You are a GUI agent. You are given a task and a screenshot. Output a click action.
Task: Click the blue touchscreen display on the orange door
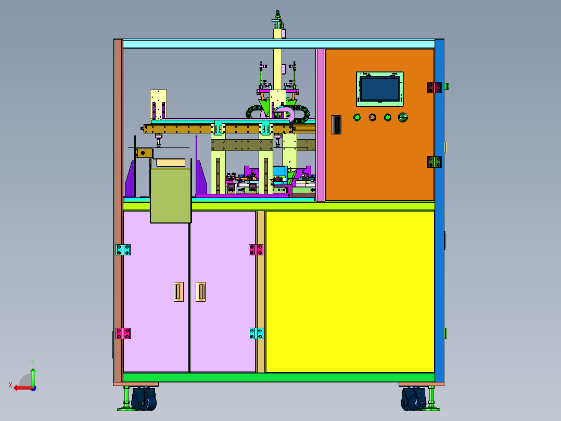(x=379, y=89)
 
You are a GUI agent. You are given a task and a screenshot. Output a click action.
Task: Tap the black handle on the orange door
(x=336, y=125)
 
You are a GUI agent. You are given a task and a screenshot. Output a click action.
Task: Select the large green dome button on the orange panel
(x=403, y=117)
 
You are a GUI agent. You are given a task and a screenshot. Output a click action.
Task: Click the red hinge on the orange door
(x=435, y=88)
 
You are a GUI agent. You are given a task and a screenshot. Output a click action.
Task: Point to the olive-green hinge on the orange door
(x=435, y=162)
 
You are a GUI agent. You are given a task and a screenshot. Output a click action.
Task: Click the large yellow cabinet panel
(x=350, y=292)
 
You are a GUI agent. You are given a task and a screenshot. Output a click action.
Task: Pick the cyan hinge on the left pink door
(x=123, y=250)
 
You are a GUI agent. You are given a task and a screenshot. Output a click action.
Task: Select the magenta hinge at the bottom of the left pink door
(x=123, y=333)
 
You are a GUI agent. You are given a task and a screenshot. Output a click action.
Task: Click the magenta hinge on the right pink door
(x=256, y=250)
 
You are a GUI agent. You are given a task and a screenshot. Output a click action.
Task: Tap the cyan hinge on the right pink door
(x=256, y=333)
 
